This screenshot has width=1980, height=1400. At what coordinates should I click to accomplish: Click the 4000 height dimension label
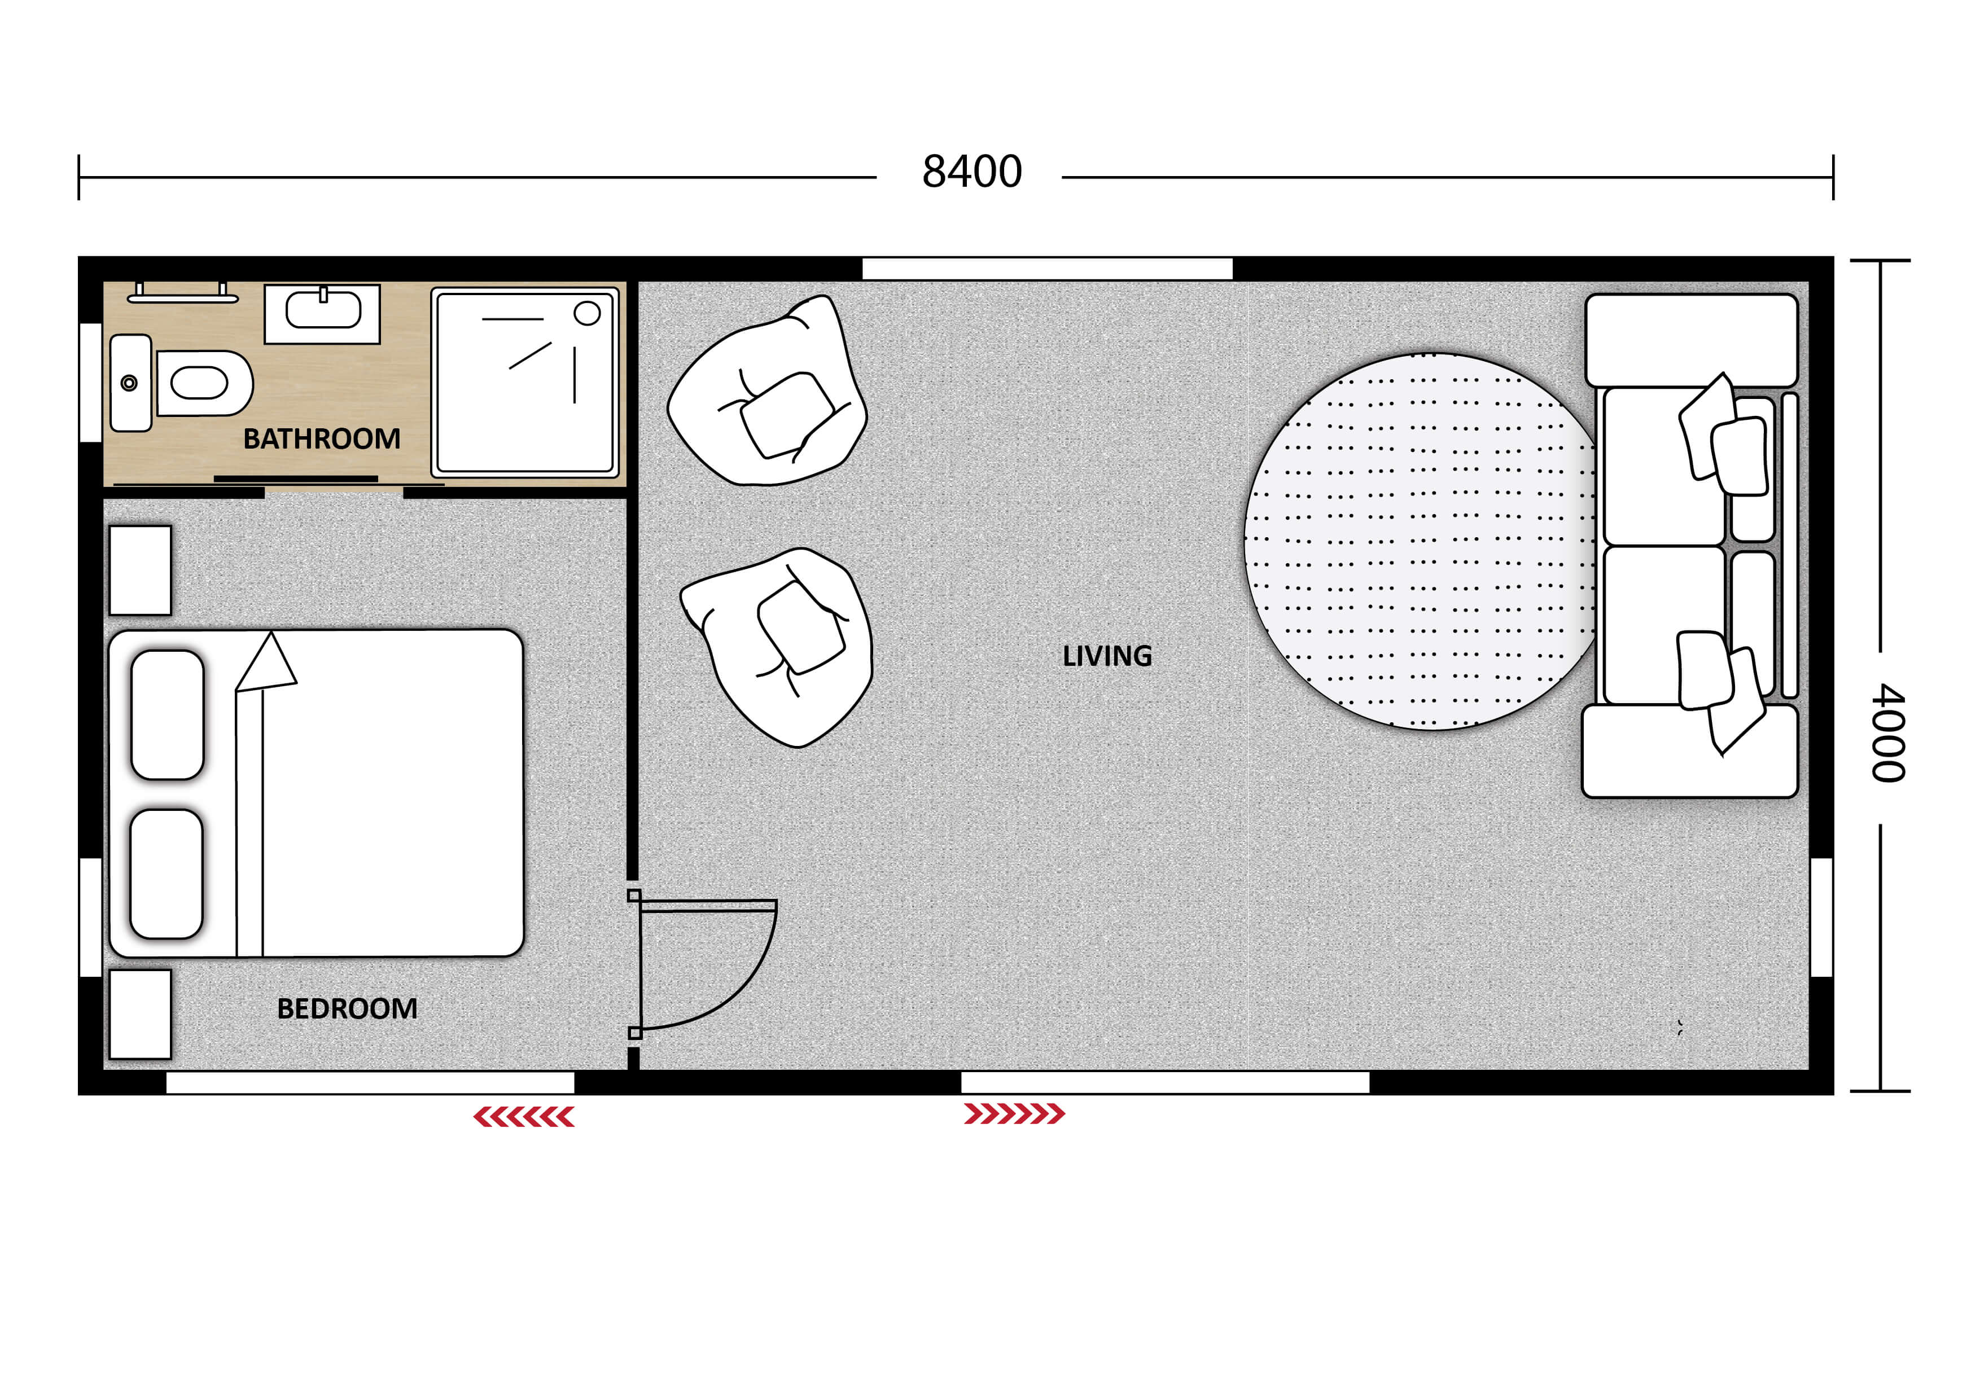[x=1888, y=733]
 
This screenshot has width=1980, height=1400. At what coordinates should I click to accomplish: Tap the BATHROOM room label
[x=322, y=439]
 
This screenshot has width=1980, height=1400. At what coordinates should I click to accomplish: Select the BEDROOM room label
[x=347, y=1008]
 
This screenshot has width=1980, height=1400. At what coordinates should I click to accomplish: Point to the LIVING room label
[x=1106, y=656]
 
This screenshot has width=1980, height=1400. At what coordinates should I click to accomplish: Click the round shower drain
[x=587, y=313]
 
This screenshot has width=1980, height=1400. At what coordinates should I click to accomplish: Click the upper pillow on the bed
[x=167, y=714]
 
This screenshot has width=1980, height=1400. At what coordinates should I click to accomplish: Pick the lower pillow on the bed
[x=167, y=874]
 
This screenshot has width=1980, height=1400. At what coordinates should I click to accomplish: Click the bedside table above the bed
[x=141, y=570]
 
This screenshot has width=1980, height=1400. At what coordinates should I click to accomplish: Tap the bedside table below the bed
[x=141, y=1014]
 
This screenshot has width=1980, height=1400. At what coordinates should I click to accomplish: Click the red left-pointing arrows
[x=523, y=1117]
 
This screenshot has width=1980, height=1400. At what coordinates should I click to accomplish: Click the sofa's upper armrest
[x=1691, y=340]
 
